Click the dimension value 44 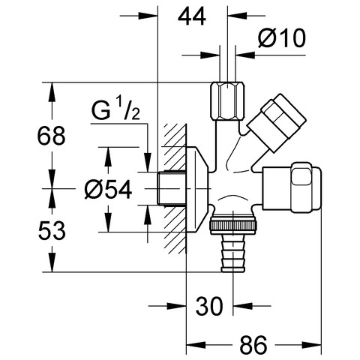[192, 16]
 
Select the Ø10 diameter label [282, 38]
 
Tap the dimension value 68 [51, 136]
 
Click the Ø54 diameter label [108, 190]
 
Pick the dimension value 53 [52, 230]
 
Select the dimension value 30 [209, 306]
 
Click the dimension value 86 [253, 345]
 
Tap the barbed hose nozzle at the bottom [233, 253]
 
